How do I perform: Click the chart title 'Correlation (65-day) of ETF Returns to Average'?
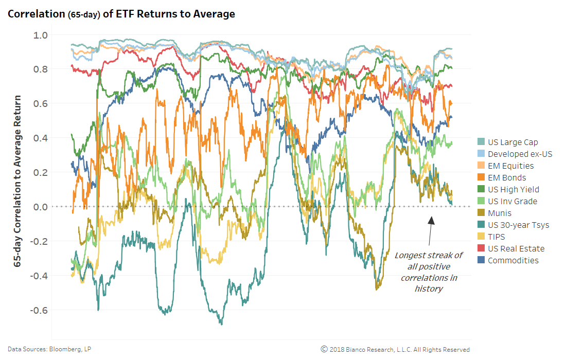[121, 14]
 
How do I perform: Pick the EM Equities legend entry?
[510, 166]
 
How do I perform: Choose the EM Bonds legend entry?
[507, 178]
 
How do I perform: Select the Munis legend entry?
[500, 213]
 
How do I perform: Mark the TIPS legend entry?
[497, 237]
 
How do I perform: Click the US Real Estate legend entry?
[516, 249]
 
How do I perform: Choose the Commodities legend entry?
[513, 261]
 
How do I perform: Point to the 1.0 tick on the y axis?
[41, 35]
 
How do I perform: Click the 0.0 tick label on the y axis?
[41, 207]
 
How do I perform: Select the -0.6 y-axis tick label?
[40, 310]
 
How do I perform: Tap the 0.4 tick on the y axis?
[41, 138]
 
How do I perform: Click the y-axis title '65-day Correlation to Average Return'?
[17, 180]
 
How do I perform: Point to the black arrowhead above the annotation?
[431, 220]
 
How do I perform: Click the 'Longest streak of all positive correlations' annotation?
[429, 272]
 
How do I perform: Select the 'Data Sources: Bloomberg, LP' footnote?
[49, 349]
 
